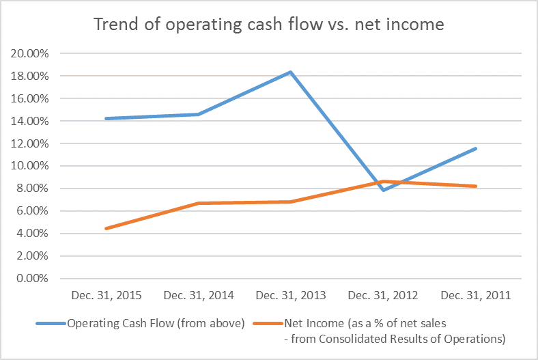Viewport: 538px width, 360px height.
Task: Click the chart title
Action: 268,25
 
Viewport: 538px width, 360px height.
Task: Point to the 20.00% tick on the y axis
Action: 31,53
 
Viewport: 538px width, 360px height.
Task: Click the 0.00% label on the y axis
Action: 33,279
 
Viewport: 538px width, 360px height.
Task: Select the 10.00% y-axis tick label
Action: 31,166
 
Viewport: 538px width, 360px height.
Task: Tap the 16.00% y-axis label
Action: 31,98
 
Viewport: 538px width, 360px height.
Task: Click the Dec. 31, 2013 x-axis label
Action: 291,296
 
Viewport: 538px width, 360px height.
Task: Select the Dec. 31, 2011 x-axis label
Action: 476,296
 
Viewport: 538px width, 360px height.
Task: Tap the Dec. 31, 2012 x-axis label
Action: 383,296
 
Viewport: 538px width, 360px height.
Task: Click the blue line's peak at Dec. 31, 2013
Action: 291,72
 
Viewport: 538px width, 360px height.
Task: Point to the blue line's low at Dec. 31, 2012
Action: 383,190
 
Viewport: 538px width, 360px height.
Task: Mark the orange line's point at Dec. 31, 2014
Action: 199,203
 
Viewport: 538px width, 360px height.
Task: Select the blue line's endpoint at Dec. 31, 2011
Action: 476,148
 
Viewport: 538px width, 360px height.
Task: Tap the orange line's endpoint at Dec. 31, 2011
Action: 476,186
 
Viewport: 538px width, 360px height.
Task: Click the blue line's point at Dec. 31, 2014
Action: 199,114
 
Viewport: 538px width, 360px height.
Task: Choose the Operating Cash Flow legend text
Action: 156,323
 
